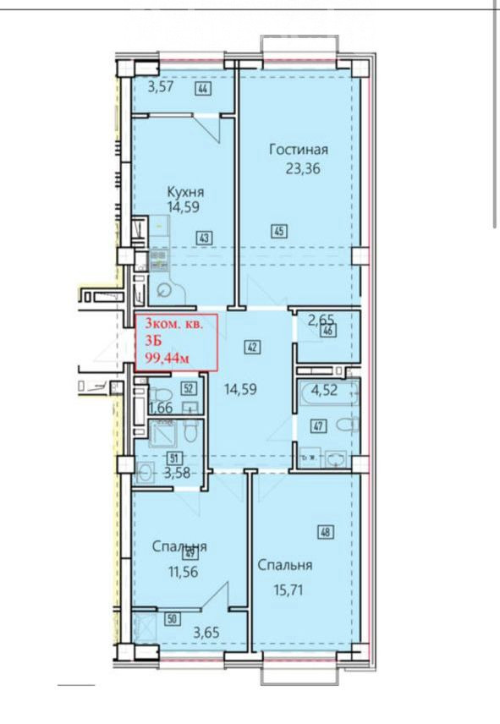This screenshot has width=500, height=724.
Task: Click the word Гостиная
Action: coord(299,150)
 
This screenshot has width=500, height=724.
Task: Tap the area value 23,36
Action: coord(303,169)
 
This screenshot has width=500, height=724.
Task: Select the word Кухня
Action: coord(185,192)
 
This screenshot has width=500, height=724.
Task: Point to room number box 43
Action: coord(205,239)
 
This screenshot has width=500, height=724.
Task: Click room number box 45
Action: coord(279,231)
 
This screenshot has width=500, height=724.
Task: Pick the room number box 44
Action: coord(203,88)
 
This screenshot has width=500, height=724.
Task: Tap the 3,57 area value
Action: coord(160,87)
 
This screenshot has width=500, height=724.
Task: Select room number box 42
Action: coord(252,348)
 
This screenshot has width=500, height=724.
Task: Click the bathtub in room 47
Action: coord(329,392)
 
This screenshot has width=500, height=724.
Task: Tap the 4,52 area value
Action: coord(324,391)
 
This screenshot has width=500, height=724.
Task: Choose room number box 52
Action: coord(188,388)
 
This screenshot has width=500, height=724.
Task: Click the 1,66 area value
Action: coord(160,409)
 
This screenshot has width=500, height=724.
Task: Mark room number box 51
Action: coord(174,458)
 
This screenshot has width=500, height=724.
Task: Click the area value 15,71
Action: coord(287,590)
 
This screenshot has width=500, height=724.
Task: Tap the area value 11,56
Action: coord(183,572)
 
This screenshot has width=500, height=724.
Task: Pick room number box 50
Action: coord(173,619)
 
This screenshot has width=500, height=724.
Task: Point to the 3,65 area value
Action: coord(206,633)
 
